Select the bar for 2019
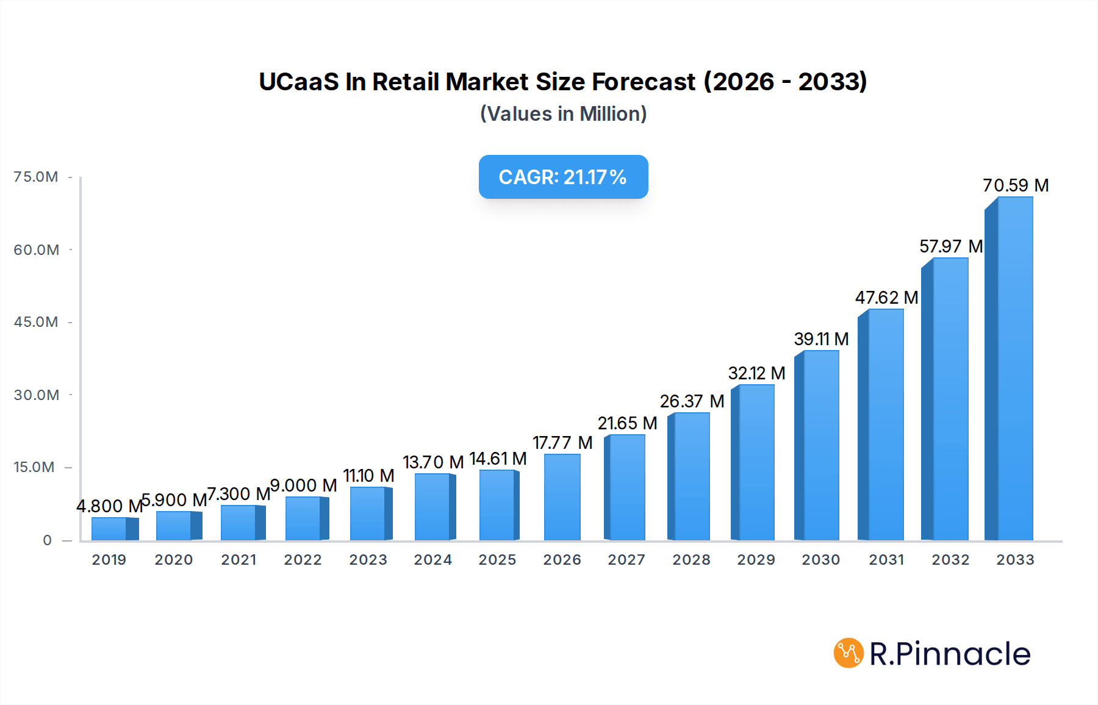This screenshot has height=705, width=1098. click(113, 529)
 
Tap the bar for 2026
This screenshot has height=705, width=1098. click(562, 498)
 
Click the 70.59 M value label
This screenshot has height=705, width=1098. click(1016, 185)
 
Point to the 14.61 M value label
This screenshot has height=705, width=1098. click(498, 459)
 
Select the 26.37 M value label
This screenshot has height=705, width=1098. click(692, 401)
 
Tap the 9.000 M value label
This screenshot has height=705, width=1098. click(303, 485)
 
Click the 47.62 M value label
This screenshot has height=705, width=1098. click(886, 298)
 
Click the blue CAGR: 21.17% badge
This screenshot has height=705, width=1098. click(563, 177)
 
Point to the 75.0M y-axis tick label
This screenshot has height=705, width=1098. click(36, 177)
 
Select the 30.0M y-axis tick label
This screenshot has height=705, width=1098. click(36, 395)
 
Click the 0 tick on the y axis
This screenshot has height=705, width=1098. click(47, 540)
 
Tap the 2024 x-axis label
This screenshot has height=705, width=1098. click(433, 560)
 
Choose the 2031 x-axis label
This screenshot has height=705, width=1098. click(886, 560)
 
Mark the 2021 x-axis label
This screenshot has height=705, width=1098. click(239, 560)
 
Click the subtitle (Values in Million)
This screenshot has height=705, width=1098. click(563, 114)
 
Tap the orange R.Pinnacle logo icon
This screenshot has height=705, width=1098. click(848, 653)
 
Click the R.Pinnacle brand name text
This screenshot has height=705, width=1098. click(950, 654)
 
